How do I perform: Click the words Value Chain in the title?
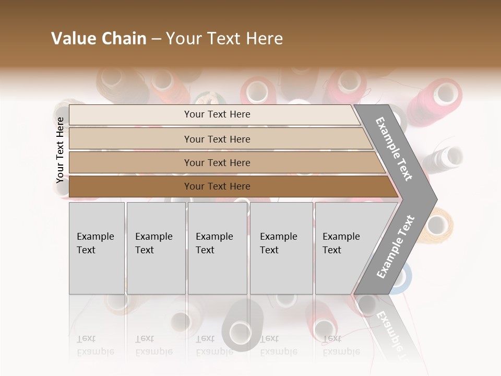click(99, 39)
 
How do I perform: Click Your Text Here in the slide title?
click(224, 39)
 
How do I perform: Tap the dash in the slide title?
click(156, 39)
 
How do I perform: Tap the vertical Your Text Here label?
click(60, 150)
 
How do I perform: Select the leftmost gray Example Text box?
click(97, 248)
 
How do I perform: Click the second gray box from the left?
click(156, 248)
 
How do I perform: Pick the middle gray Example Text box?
click(217, 248)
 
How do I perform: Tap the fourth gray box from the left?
click(281, 248)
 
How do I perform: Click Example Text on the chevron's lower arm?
click(396, 247)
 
